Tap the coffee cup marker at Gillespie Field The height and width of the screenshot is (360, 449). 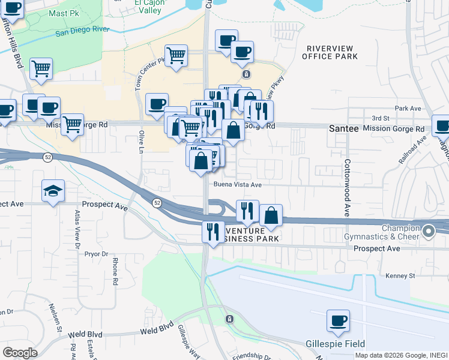point(338,320)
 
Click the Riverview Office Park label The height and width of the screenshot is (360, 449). point(331,52)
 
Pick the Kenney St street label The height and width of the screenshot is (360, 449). point(400,276)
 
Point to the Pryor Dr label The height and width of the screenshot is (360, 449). point(96,254)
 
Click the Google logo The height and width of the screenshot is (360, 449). point(20,352)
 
